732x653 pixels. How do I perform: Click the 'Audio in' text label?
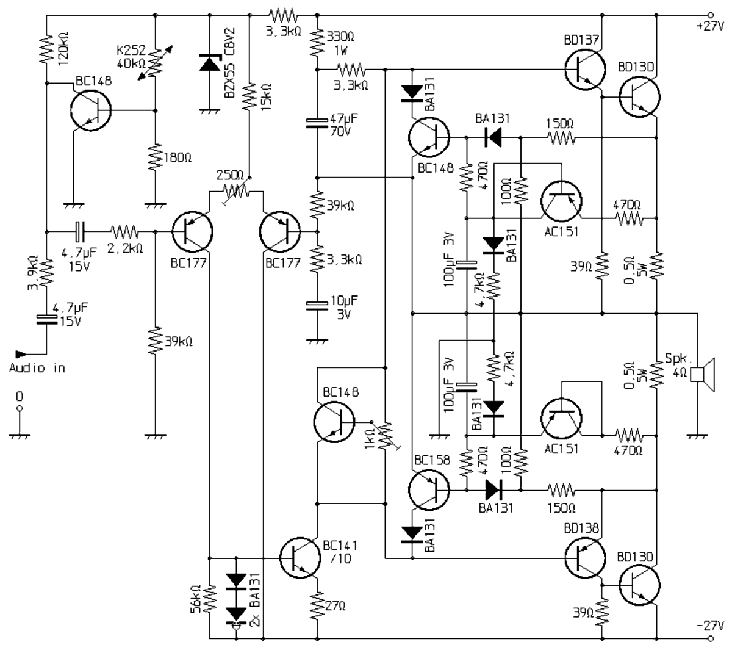coord(37,368)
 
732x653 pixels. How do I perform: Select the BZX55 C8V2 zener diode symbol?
coord(209,62)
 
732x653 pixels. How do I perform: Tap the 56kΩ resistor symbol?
coord(209,598)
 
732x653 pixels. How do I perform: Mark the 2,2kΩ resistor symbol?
coord(124,232)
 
